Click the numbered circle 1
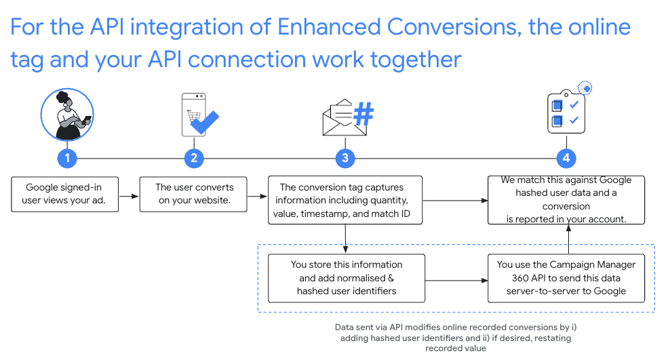66,159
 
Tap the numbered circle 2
194,159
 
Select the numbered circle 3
345,159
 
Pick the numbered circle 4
566,159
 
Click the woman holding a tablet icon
66,115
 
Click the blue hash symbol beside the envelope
363,115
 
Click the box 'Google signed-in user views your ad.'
65,194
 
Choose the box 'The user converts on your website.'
194,194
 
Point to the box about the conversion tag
345,201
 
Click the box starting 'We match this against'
566,200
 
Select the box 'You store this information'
347,278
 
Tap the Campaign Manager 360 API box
566,278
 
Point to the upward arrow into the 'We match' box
567,239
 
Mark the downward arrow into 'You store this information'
346,239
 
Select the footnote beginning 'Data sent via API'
456,338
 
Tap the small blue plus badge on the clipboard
585,88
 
